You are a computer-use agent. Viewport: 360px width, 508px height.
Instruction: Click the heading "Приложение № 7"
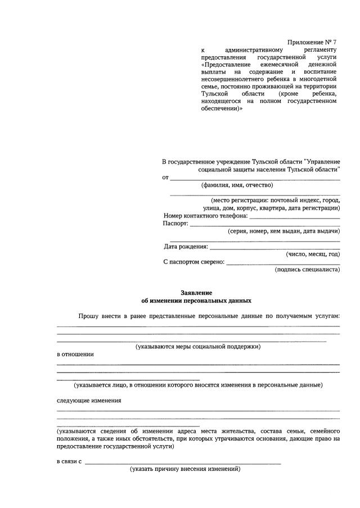click(x=312, y=42)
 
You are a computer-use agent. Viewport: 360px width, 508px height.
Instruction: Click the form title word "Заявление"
click(x=196, y=293)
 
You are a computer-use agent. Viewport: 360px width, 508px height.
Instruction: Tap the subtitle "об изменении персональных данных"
click(x=196, y=301)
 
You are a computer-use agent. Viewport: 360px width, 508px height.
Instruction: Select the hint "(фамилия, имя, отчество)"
click(x=237, y=185)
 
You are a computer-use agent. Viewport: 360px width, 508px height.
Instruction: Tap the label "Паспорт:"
click(x=175, y=223)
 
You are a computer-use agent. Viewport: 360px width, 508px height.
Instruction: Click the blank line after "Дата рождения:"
click(x=274, y=247)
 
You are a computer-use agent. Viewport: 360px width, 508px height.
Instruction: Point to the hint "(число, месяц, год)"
click(x=313, y=254)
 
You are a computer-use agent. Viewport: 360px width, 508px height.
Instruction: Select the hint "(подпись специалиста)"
click(x=307, y=270)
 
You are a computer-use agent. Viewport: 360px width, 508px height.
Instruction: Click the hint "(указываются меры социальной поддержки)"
click(x=197, y=347)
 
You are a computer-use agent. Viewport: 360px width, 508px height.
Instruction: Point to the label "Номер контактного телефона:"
click(x=205, y=216)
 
